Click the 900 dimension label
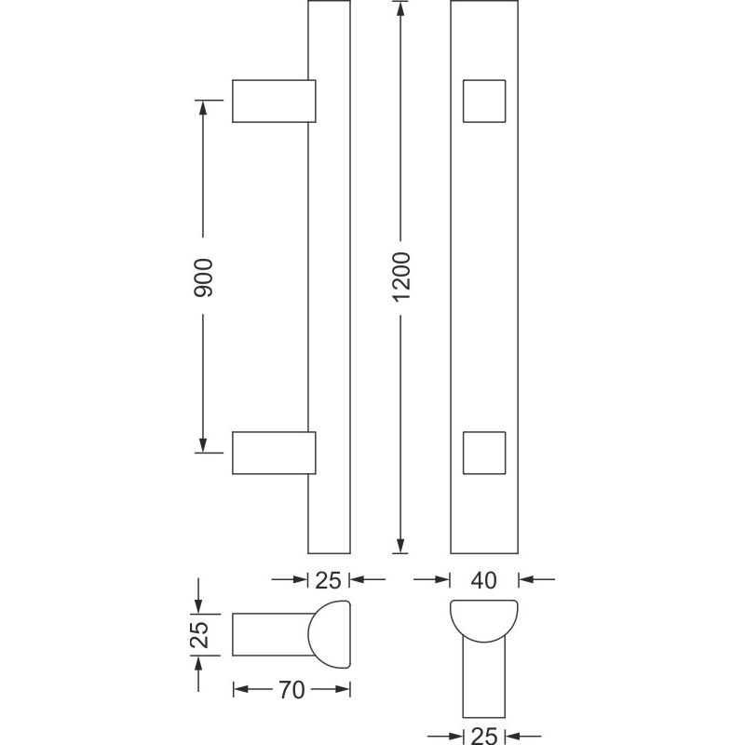point(203,278)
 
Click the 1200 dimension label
point(401,277)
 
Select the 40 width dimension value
point(483,580)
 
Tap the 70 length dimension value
point(291,690)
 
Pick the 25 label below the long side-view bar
point(328,580)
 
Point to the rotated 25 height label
point(199,635)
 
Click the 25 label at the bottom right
point(483,736)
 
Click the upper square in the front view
point(484,102)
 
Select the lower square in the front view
point(484,453)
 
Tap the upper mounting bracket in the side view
point(274,102)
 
